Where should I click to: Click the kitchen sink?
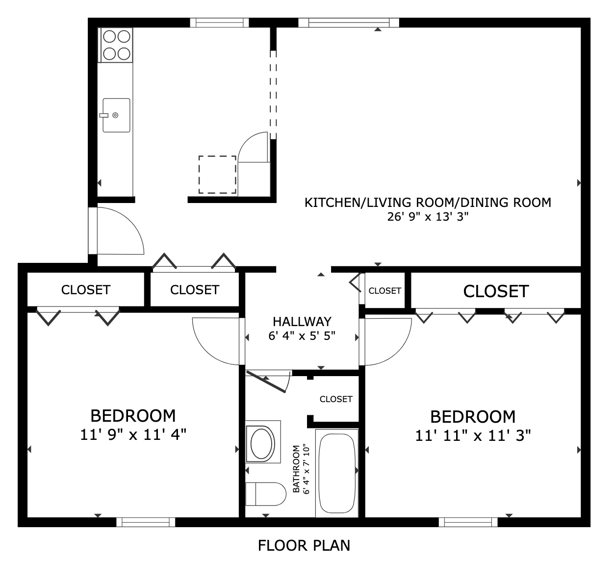coord(116,115)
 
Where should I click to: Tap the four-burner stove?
coord(115,45)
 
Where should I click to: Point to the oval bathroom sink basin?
coord(261,443)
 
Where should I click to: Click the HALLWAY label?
coord(302,322)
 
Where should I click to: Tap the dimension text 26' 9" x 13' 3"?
coord(428,217)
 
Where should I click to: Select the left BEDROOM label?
coord(133,416)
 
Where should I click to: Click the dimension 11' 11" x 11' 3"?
coord(473,435)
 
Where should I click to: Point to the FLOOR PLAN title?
coord(304,545)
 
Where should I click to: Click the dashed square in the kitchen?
coord(217,175)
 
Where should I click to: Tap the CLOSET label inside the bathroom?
coord(336,399)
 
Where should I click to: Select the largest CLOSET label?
coord(496,291)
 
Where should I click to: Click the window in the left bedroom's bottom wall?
coord(146,522)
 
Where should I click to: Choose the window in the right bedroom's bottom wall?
coord(468,522)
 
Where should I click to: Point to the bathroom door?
coord(266,382)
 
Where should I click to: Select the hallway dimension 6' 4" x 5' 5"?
coord(302,336)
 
